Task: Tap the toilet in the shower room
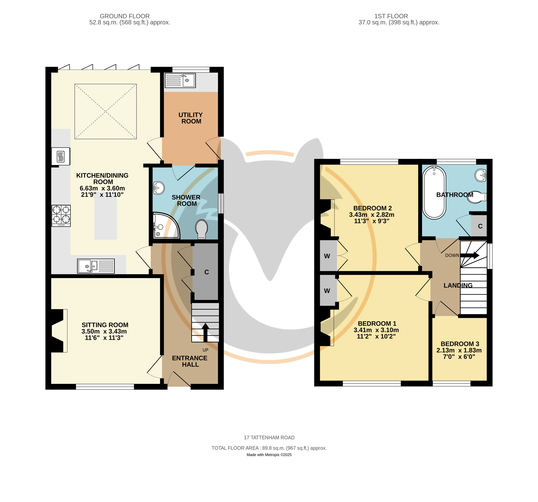coord(202,229)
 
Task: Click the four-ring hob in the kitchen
coord(61,215)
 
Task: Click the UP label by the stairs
coord(205,350)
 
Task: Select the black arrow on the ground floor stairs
coord(205,332)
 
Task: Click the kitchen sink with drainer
coord(96,266)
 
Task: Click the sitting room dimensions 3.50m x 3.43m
coord(104,331)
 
